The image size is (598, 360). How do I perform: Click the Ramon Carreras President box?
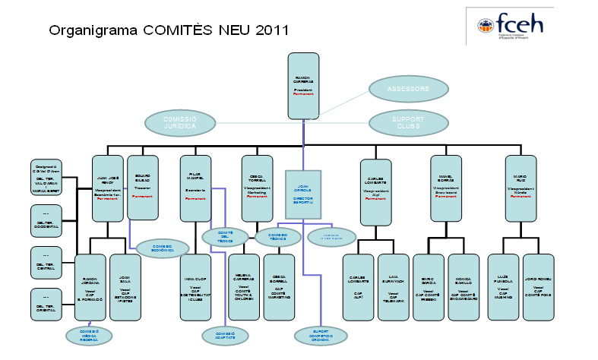303,86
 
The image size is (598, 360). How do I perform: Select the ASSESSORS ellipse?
408,89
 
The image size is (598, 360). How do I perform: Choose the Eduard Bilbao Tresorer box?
143,188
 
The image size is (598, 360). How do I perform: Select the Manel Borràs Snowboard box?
446,188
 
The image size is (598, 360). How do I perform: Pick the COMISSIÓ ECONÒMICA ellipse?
159,248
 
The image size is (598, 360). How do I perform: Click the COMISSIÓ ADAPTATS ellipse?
225,335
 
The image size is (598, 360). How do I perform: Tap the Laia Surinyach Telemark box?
393,285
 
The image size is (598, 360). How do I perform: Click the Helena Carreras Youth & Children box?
244,285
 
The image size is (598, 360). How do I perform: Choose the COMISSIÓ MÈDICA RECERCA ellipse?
88,335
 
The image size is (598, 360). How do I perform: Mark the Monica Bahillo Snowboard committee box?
464,285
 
